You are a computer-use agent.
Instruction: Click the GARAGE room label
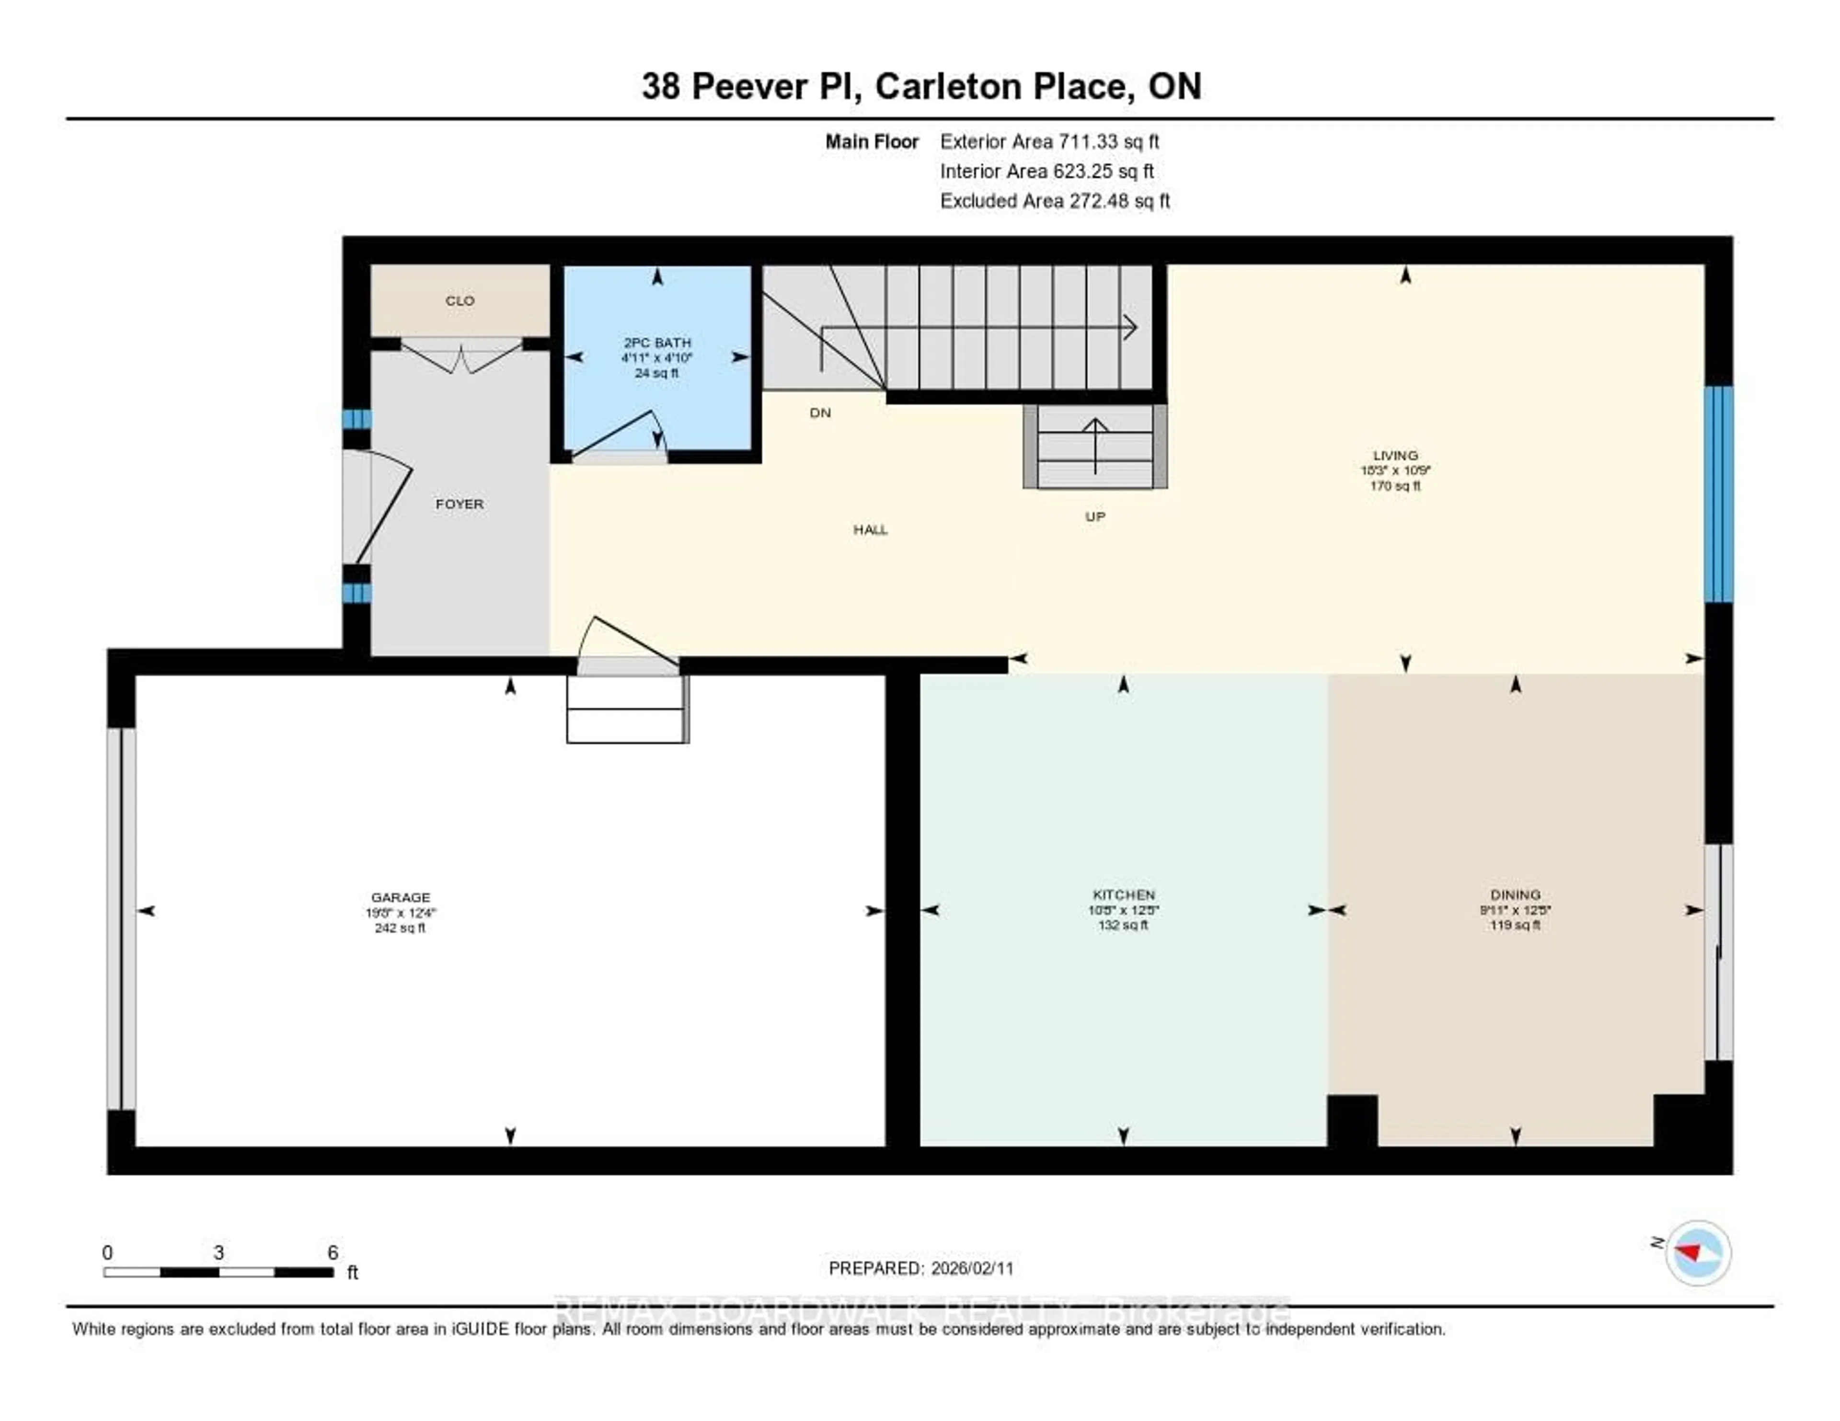pos(400,897)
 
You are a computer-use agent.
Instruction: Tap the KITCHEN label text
pos(1123,894)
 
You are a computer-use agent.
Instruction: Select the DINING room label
pos(1515,894)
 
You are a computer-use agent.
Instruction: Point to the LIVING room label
pos(1395,455)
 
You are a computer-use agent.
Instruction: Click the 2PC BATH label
pos(657,342)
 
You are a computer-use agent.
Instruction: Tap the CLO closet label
pos(460,301)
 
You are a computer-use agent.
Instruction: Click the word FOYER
pos(459,504)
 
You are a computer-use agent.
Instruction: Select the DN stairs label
pos(820,413)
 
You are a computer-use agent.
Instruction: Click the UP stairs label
pos(1094,516)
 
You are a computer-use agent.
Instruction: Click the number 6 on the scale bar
pos(333,1252)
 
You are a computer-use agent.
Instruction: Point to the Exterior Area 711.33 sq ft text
pos(1049,141)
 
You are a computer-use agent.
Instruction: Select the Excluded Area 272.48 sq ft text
pos(1055,200)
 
